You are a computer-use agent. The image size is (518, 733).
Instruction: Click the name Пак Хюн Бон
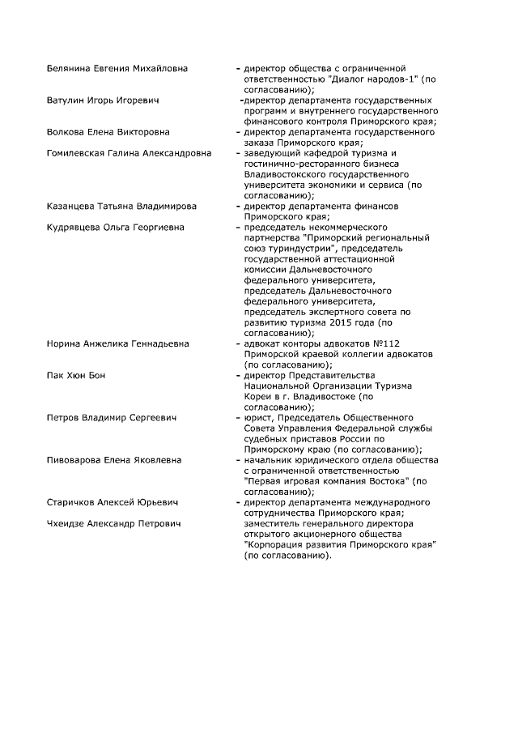point(76,376)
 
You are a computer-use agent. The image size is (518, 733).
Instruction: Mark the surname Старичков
point(72,502)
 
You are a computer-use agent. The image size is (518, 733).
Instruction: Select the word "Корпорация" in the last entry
point(275,545)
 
